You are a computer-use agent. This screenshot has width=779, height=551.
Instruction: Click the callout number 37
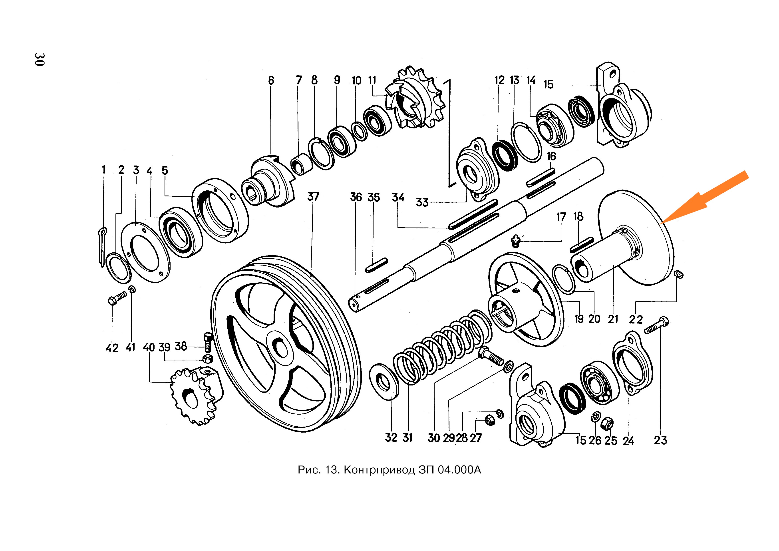tap(313, 197)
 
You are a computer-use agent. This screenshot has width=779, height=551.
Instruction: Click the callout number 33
tap(422, 202)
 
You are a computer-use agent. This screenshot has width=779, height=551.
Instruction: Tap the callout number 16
tap(551, 156)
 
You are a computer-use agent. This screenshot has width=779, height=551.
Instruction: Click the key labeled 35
tap(377, 265)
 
